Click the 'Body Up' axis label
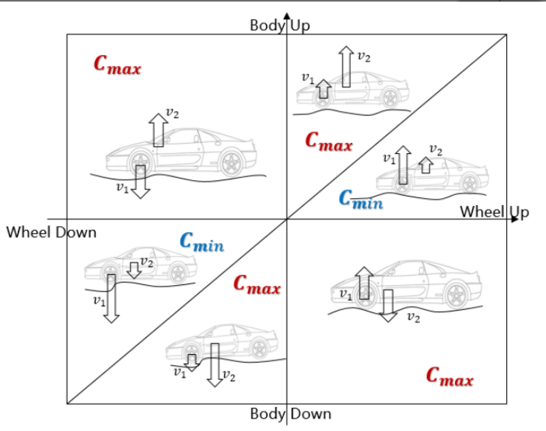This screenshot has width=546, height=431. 279,26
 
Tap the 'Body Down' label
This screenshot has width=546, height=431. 290,414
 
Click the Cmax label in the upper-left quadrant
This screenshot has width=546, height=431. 117,65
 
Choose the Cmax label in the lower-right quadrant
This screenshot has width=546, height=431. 450,377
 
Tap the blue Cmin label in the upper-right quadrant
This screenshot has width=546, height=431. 362,199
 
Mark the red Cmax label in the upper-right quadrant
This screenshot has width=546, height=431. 328,142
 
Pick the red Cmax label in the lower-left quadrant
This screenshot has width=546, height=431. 257,286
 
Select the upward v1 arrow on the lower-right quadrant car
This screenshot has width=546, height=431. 362,283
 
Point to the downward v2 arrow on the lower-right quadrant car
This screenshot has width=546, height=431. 388,304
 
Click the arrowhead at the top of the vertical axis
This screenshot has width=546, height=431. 287,16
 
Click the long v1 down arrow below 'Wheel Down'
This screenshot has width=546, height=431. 111,297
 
